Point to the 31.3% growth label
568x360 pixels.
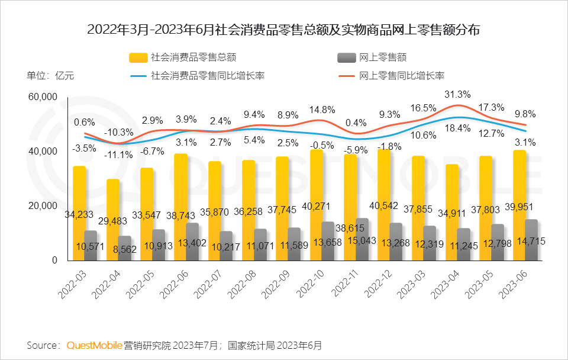(457, 94)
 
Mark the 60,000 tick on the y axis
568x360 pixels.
(43, 97)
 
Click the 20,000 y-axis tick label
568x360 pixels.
(43, 206)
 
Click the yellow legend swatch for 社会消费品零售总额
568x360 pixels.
(138, 57)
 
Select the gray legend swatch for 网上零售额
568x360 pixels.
(346, 57)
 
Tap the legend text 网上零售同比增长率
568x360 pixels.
(402, 76)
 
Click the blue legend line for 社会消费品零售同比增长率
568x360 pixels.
(138, 76)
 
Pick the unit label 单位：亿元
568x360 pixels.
(51, 76)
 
